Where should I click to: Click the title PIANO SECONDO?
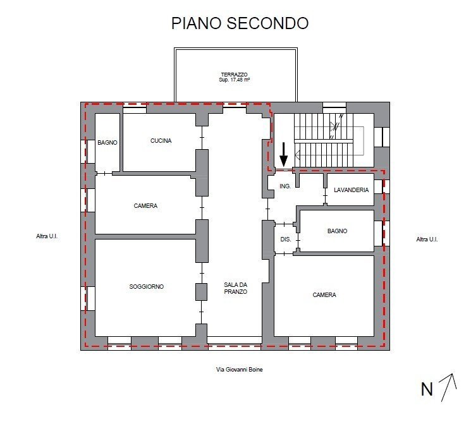click(240, 23)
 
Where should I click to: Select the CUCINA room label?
click(161, 141)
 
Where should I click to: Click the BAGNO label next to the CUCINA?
click(107, 143)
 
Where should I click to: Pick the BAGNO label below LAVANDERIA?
click(337, 231)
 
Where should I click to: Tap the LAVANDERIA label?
click(351, 190)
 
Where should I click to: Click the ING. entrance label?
click(285, 186)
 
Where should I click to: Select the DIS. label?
click(285, 240)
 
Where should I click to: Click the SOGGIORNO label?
click(146, 287)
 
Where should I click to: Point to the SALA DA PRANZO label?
click(235, 288)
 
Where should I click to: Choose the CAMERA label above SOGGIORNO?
click(145, 206)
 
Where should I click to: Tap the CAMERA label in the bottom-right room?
click(324, 295)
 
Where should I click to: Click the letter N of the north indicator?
click(427, 390)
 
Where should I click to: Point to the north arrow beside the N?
click(448, 387)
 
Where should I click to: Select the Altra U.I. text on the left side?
click(47, 239)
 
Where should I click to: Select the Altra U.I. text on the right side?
click(427, 240)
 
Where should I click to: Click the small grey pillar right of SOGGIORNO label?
click(201, 292)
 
